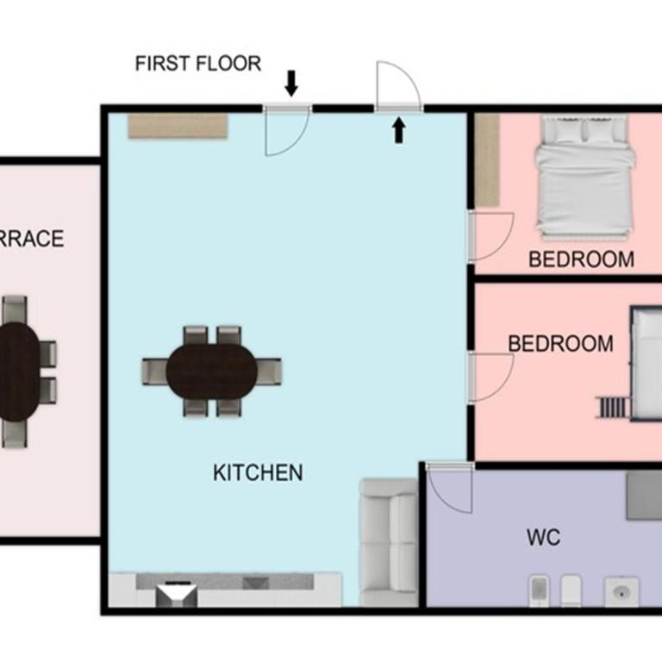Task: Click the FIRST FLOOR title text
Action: point(198,63)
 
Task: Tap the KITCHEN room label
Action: point(258,472)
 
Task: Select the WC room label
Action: point(543,537)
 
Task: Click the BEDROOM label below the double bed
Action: point(581,259)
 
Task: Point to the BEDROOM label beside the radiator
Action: point(560,344)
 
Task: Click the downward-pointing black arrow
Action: point(291,83)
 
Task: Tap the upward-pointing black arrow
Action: point(399,130)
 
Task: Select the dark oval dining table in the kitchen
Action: point(212,372)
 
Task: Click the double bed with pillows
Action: point(584,178)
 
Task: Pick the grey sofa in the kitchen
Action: point(389,542)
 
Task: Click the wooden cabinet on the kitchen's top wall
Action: point(178,125)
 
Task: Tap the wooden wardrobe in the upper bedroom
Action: point(487,160)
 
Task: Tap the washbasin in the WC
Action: point(621,592)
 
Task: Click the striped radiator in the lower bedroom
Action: point(613,408)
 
